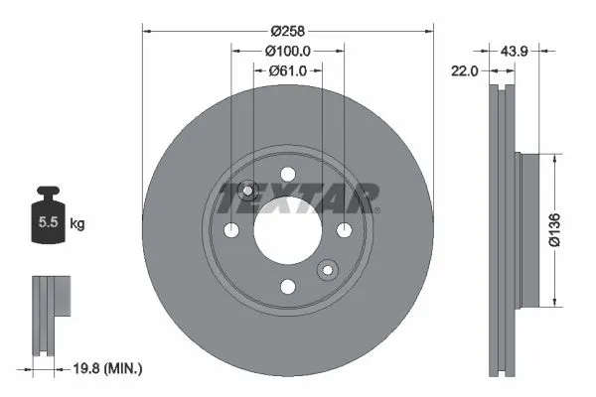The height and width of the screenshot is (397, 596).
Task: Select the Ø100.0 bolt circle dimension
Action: pos(288,51)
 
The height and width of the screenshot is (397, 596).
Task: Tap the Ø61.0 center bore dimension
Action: pos(288,70)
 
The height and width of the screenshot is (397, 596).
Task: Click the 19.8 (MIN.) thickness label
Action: pos(109,368)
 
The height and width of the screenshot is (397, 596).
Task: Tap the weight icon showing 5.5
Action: pos(46,220)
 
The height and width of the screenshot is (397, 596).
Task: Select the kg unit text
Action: pos(76,224)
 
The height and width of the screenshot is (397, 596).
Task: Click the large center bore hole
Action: pos(288,230)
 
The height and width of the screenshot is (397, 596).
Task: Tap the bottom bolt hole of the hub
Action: pos(288,287)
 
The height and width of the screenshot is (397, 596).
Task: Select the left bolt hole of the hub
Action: pos(232,230)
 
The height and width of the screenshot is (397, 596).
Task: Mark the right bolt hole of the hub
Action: pos(345,230)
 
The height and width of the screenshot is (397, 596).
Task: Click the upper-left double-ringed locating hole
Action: pos(248,191)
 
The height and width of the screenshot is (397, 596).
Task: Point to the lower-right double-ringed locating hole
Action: pos(328,270)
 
